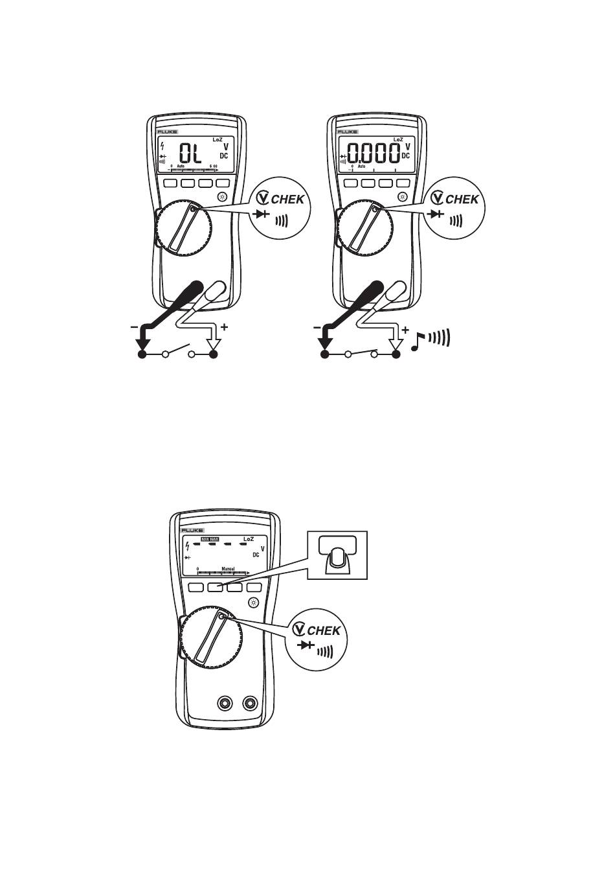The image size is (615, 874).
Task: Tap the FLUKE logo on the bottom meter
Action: (192, 530)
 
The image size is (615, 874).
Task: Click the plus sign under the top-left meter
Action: (225, 327)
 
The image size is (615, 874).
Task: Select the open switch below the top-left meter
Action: (179, 352)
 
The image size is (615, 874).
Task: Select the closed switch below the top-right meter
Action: (361, 354)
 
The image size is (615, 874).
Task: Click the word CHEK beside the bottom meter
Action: (324, 630)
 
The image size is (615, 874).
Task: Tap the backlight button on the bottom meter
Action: (253, 603)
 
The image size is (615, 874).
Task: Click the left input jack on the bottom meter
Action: (225, 704)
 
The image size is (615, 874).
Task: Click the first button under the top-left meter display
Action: (172, 183)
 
